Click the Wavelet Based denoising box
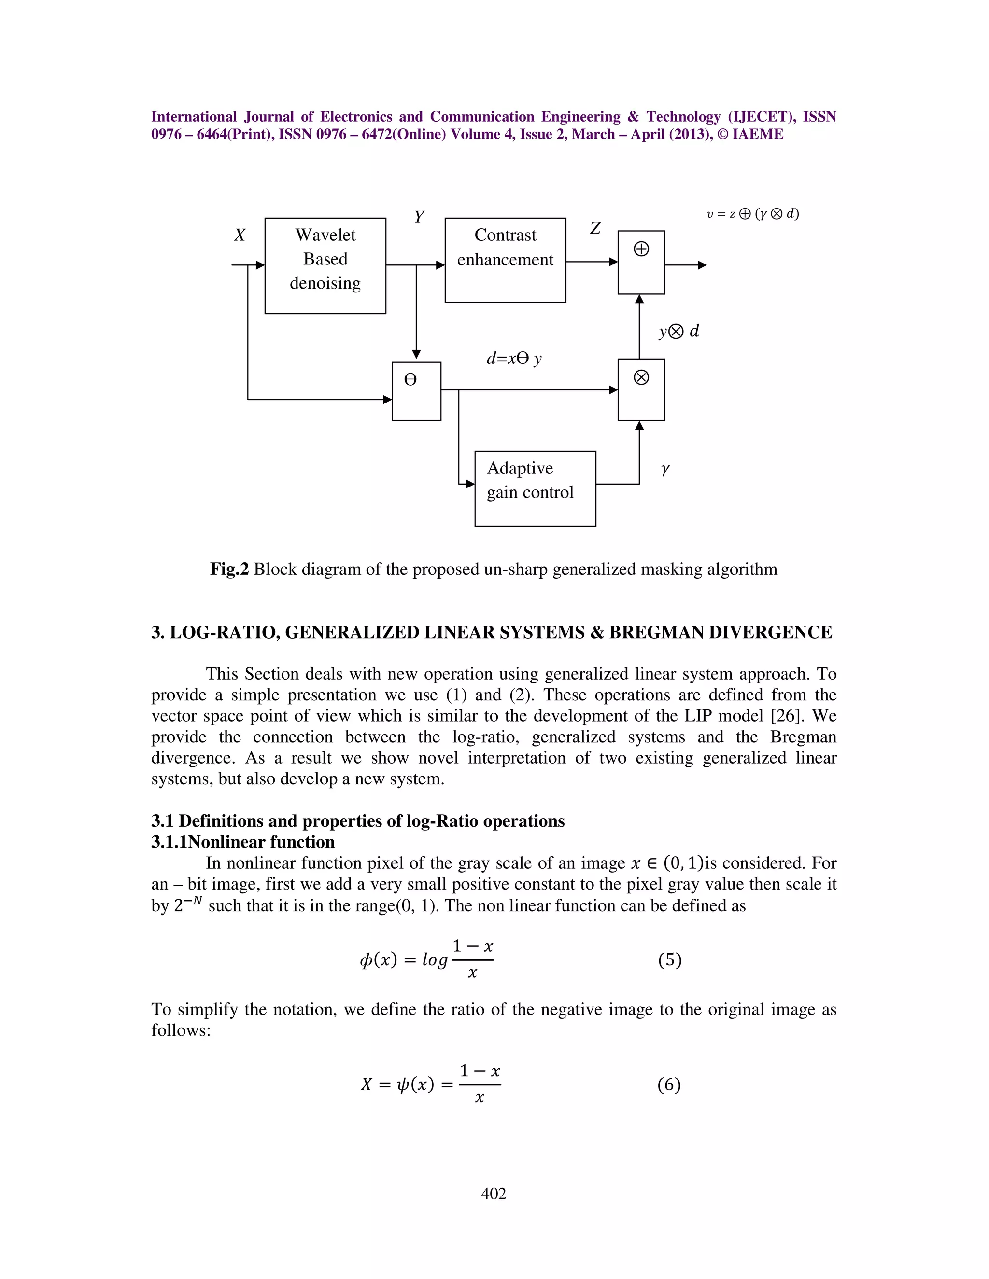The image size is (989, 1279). (x=325, y=265)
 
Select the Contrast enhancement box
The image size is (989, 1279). (x=505, y=260)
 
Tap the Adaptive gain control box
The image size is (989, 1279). (x=535, y=488)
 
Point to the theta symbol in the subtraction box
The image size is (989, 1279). (x=411, y=380)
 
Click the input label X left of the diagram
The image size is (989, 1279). (x=240, y=236)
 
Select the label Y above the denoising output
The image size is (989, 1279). (x=419, y=217)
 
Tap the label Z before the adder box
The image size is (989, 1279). (x=595, y=228)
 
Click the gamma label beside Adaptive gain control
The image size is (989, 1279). (x=665, y=469)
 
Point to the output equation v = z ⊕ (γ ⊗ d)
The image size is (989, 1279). (x=753, y=214)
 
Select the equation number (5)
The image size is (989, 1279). (x=670, y=959)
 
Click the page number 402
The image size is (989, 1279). (x=494, y=1193)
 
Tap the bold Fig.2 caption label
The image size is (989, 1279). (x=229, y=569)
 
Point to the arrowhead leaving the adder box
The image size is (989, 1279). (x=703, y=265)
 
